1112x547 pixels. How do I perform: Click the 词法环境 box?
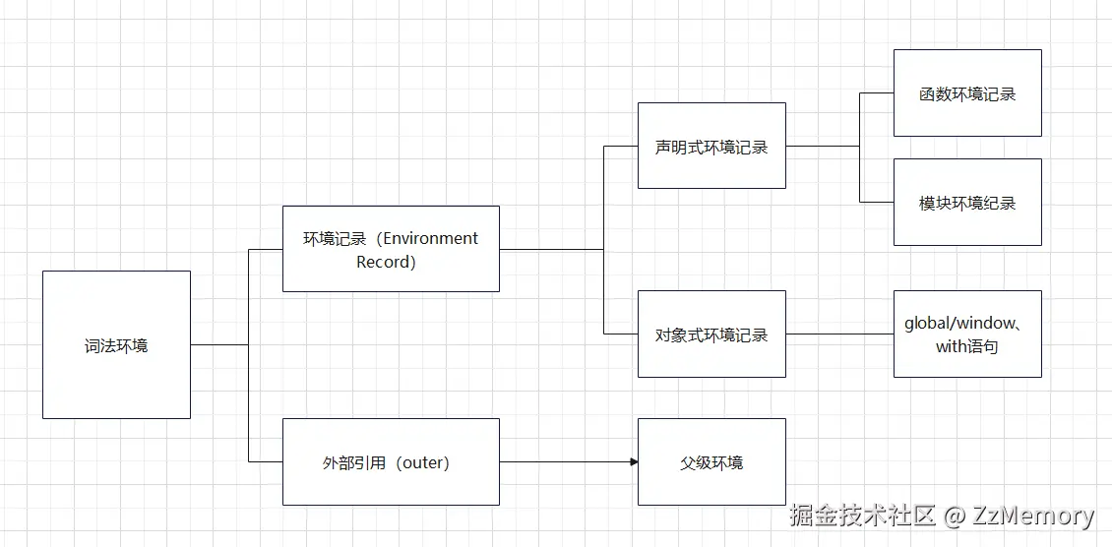tap(116, 344)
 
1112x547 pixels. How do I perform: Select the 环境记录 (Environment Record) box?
tap(391, 249)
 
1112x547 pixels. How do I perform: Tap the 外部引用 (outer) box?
tap(391, 462)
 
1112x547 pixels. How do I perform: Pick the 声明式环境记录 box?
tap(711, 146)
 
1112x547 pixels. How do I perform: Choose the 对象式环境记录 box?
tap(711, 334)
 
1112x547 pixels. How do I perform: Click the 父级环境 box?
tap(711, 462)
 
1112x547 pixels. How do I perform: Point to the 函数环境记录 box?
tap(967, 93)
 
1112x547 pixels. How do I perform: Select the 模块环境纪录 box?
tap(967, 203)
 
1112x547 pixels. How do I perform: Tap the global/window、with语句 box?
tap(967, 334)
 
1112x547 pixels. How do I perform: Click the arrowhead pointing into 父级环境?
tap(633, 462)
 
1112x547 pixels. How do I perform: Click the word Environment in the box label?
tap(430, 238)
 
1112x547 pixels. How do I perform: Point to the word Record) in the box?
tap(386, 262)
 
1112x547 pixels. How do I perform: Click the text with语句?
tap(966, 346)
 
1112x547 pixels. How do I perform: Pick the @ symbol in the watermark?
tap(953, 516)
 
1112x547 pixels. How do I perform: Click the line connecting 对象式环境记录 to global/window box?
tap(838, 334)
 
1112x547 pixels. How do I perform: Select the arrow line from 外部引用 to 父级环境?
tap(566, 462)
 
